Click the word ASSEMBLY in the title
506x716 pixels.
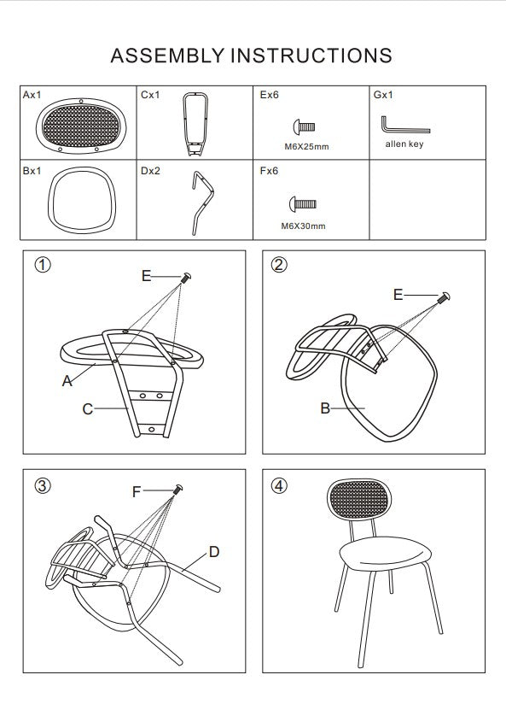point(167,56)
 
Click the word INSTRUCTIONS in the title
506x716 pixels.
point(311,56)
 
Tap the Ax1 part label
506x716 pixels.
point(32,95)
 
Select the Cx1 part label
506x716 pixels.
point(150,95)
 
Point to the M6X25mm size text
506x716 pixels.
point(306,147)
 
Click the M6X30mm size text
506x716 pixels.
point(303,226)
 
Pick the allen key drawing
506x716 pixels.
point(405,125)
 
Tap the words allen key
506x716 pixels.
point(404,144)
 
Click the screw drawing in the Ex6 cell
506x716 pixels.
point(304,126)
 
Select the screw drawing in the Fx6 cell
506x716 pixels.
point(303,203)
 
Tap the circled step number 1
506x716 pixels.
point(43,265)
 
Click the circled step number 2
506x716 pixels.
point(279,265)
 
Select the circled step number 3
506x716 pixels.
point(43,485)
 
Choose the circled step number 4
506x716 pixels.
point(279,485)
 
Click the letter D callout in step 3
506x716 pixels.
point(214,552)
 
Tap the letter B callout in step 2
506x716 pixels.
point(325,408)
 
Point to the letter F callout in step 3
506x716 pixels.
point(137,492)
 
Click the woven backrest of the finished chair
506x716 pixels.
point(359,499)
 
